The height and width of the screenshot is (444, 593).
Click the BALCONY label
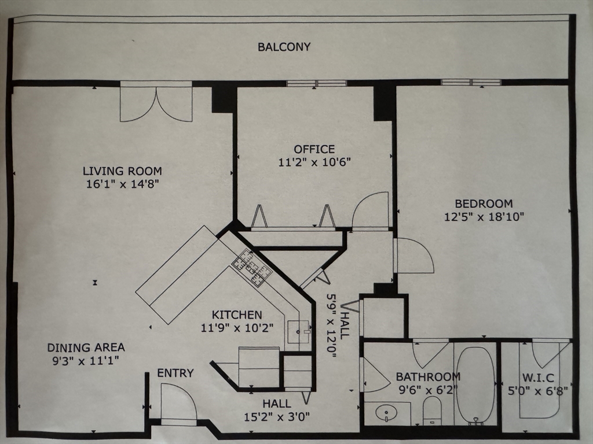[x=284, y=47]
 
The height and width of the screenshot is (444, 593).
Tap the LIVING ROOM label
[x=122, y=171]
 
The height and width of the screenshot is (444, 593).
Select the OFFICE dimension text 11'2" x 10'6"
[x=314, y=162]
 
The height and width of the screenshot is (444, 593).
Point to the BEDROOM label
[x=484, y=204]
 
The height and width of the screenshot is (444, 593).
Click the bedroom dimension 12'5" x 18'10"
[x=484, y=217]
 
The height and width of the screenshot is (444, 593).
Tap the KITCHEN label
[x=237, y=315]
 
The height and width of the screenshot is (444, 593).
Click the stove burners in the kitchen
[x=251, y=267]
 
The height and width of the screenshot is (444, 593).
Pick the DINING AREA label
[x=86, y=347]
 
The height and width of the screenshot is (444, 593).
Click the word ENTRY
[x=175, y=373]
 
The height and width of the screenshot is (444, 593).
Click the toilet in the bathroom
[x=432, y=411]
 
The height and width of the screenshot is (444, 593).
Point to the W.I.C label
[x=538, y=378]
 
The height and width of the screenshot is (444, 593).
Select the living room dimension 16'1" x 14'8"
[x=122, y=184]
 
